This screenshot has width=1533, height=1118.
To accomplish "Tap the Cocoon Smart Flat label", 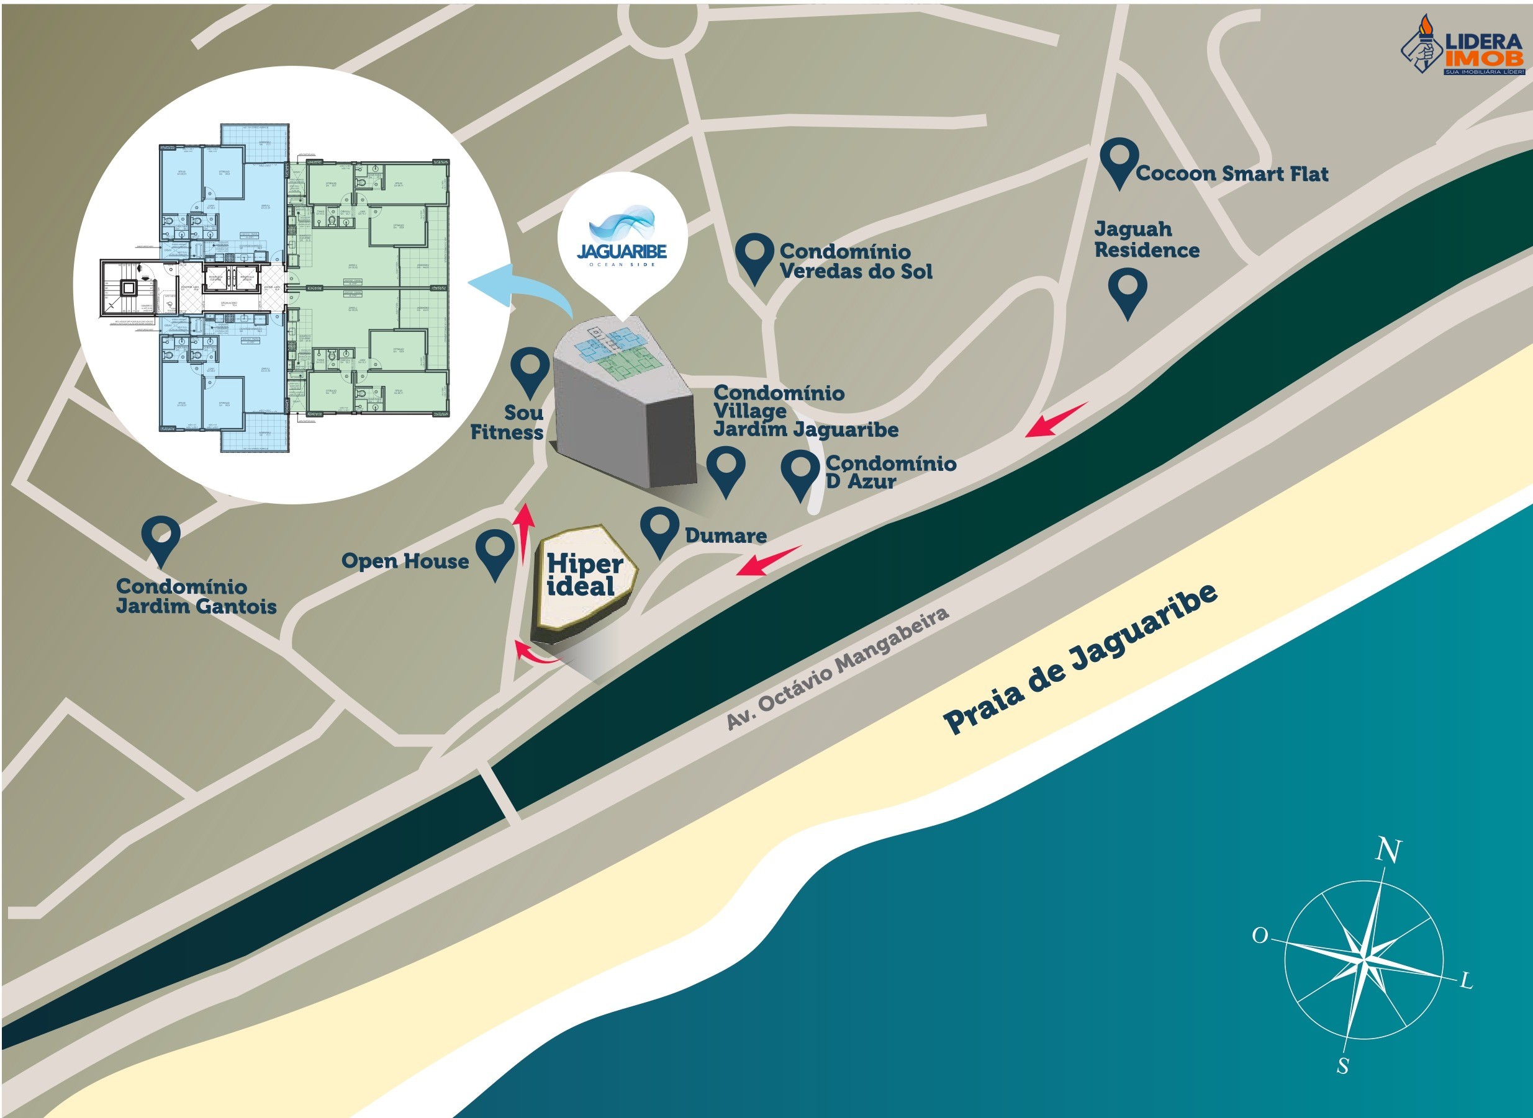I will [1232, 174].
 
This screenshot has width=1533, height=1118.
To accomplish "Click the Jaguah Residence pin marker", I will [1128, 291].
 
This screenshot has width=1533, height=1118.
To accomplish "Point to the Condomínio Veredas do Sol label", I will [855, 261].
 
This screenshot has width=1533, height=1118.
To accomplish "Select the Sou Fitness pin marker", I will [530, 370].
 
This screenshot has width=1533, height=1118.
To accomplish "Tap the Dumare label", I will [725, 536].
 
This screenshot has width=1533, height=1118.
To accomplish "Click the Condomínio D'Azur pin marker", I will [800, 474].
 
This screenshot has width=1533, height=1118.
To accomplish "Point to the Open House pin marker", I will [495, 552].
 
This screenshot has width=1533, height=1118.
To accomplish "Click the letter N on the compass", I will [1388, 850].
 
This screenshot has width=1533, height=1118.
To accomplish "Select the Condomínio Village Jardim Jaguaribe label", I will [805, 411].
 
